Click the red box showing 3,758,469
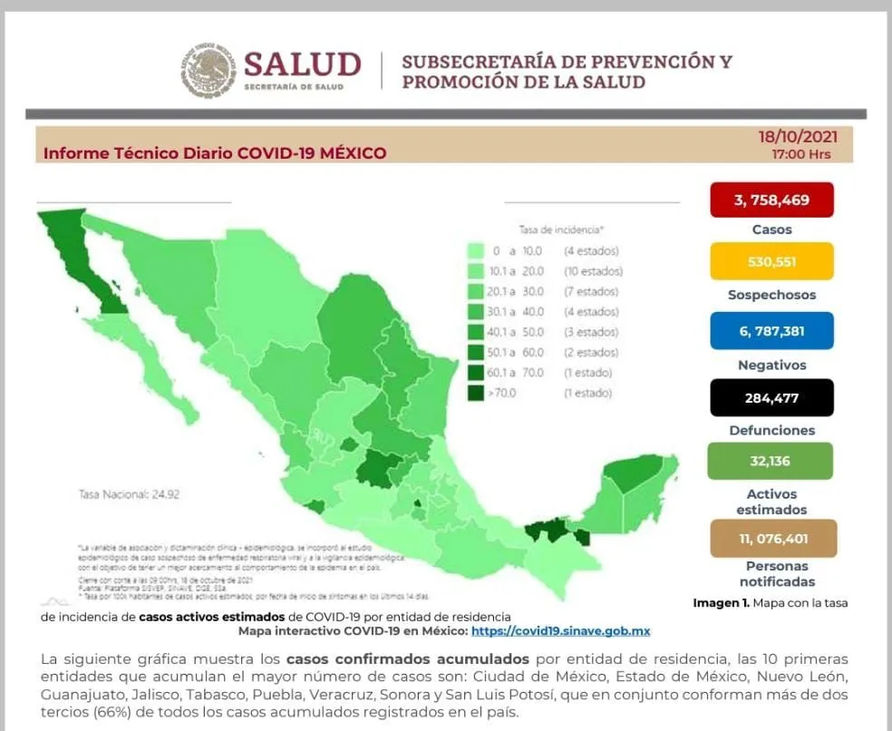tap(771, 200)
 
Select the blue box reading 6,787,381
tap(771, 331)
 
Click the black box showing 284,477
tap(771, 397)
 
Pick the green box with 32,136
tap(771, 461)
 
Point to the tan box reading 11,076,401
tap(772, 538)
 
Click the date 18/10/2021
tap(798, 137)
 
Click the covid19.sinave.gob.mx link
tap(560, 630)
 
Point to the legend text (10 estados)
tap(592, 271)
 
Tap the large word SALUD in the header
tap(302, 64)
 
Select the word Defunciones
tap(771, 430)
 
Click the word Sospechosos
tap(771, 295)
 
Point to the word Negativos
tap(771, 365)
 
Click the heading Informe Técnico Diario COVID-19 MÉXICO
tap(215, 153)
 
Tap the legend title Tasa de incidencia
tap(561, 230)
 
